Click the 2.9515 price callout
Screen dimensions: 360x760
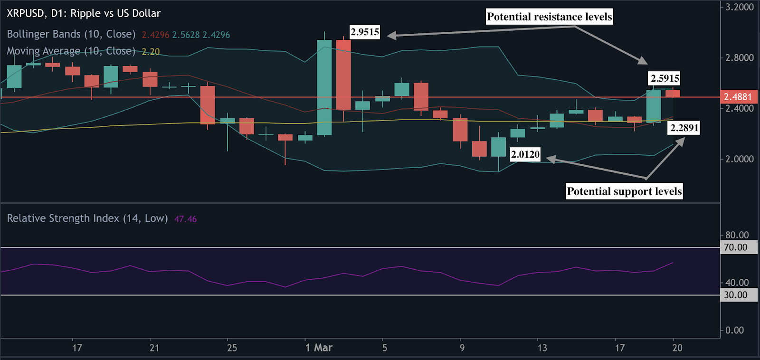point(365,32)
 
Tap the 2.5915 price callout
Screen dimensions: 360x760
point(665,78)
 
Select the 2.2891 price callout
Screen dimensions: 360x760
point(684,128)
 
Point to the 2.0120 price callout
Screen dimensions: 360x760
point(525,154)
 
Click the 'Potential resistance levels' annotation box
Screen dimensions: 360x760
point(549,17)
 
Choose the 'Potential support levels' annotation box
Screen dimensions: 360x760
point(624,191)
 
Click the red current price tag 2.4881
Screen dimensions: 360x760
point(738,97)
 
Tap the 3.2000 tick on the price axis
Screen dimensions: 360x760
point(739,7)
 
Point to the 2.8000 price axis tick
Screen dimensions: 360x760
point(739,58)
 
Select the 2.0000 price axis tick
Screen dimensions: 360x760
point(739,159)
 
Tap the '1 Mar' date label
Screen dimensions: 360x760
point(319,348)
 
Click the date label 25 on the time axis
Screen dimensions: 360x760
point(232,348)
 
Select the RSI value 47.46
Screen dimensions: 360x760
point(185,219)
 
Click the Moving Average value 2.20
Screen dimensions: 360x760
point(151,51)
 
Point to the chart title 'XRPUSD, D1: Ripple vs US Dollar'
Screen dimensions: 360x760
point(84,13)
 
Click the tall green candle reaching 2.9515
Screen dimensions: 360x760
point(324,87)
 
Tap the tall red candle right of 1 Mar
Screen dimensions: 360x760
point(343,75)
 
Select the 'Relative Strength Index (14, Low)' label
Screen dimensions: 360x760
point(87,218)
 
